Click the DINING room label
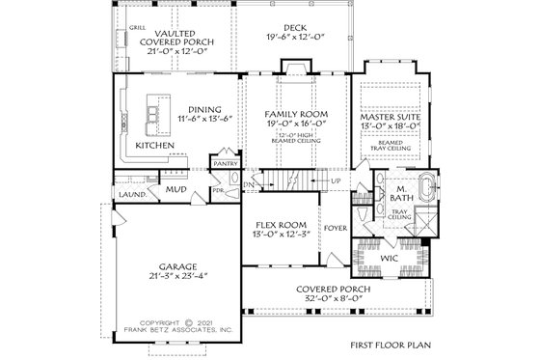(204, 109)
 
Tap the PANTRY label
(226, 163)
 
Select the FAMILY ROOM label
(291, 114)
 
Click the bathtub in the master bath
(425, 186)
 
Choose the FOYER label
(335, 229)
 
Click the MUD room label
(175, 189)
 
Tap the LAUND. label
(132, 193)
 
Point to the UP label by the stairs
(336, 180)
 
